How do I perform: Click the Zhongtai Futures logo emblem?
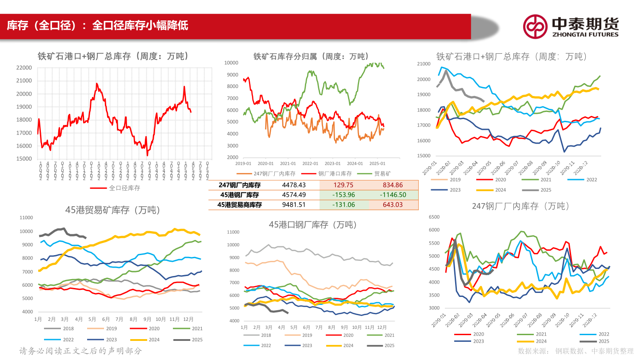pyautogui.click(x=535, y=27)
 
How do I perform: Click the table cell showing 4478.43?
pyautogui.click(x=294, y=185)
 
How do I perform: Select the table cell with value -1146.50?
pyautogui.click(x=393, y=195)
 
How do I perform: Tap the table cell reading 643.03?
pyautogui.click(x=393, y=204)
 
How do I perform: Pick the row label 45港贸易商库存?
pyautogui.click(x=240, y=204)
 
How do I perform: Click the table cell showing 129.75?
pyautogui.click(x=344, y=185)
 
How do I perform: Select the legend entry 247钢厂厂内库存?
pyautogui.click(x=263, y=174)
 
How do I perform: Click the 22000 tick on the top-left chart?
pyautogui.click(x=24, y=68)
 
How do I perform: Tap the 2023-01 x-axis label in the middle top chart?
pyautogui.click(x=332, y=163)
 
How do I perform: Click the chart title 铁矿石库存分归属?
pyautogui.click(x=311, y=56)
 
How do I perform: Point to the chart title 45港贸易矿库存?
pyautogui.click(x=112, y=210)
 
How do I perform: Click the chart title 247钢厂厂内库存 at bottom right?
pyautogui.click(x=520, y=206)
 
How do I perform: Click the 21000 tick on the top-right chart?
pyautogui.click(x=424, y=64)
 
